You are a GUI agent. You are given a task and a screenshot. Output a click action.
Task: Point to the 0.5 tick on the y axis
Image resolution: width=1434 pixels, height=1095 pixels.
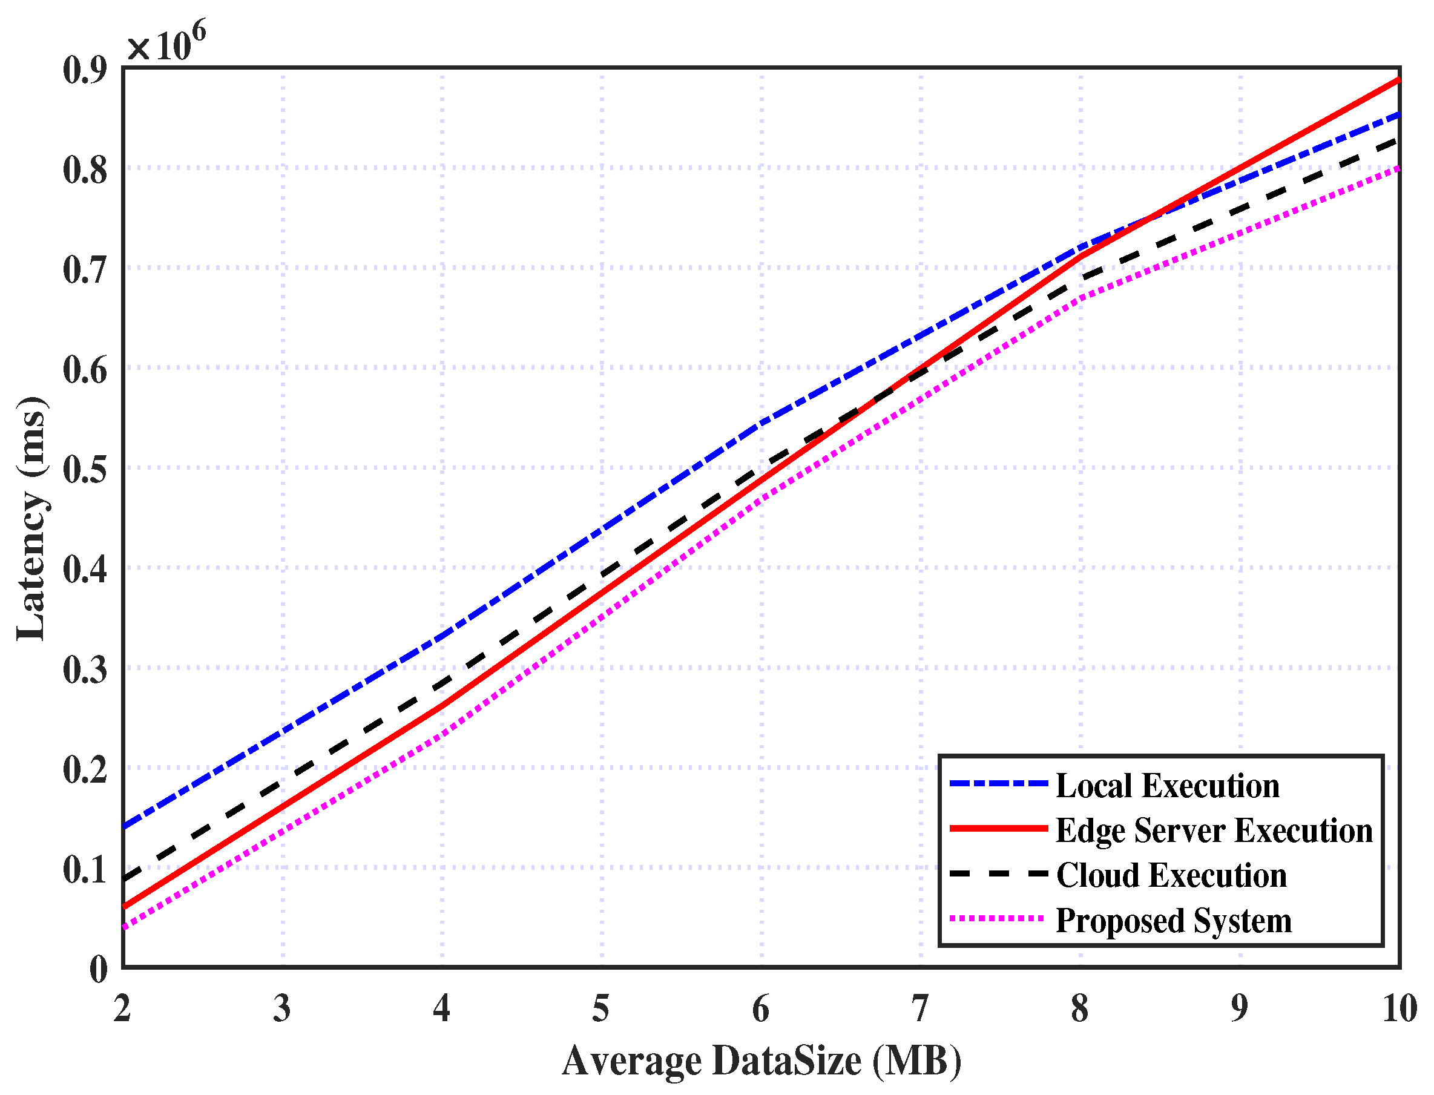[x=85, y=469]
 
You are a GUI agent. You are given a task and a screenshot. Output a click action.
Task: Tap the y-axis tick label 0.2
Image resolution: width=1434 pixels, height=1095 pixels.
[x=85, y=770]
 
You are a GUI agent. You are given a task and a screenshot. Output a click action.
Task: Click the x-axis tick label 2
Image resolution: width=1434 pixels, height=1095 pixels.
[x=122, y=1008]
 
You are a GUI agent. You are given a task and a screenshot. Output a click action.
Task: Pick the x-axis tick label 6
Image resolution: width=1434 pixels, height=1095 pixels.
[x=761, y=1008]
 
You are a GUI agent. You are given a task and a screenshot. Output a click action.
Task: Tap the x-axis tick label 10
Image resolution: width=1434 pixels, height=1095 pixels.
[x=1399, y=1008]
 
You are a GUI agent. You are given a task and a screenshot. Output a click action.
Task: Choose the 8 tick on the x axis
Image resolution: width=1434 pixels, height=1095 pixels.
[x=1079, y=1008]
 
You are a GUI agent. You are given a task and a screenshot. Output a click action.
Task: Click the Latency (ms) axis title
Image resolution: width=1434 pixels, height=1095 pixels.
[x=31, y=518]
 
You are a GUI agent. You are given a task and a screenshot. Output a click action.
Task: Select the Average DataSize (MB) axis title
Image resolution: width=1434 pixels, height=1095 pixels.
[x=761, y=1060]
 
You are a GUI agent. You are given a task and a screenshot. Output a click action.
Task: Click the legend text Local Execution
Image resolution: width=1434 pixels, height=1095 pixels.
[x=1167, y=786]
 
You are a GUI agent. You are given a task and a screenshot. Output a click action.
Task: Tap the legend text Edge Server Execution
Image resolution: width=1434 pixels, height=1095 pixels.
[x=1214, y=830]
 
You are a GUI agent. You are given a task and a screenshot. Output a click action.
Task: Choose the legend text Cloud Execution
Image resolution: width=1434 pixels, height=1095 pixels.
[x=1171, y=875]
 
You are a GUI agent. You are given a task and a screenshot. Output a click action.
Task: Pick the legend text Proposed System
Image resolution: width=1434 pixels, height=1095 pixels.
[x=1173, y=920]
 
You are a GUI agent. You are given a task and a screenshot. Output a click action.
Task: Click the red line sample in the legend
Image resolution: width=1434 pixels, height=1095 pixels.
[x=998, y=829]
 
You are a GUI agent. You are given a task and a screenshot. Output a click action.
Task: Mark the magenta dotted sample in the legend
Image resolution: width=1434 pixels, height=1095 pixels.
[x=998, y=918]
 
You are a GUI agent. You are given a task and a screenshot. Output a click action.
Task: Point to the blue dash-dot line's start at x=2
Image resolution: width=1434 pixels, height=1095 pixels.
[x=125, y=827]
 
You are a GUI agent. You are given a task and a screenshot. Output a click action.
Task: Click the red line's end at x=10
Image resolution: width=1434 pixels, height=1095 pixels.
[x=1399, y=80]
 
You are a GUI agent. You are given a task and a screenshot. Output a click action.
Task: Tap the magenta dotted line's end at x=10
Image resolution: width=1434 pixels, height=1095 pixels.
[x=1399, y=168]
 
